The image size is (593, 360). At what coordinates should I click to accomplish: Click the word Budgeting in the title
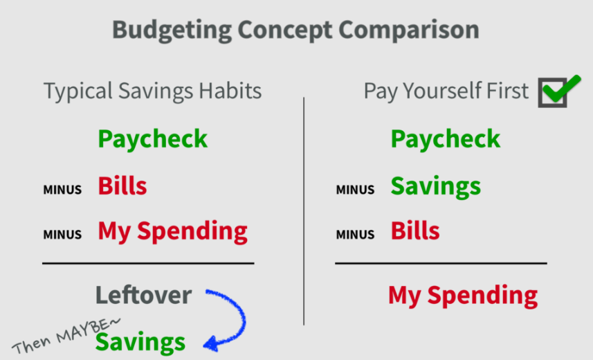coord(172,30)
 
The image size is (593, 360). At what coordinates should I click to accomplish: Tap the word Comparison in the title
coord(409,30)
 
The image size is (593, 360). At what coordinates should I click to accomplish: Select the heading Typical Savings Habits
coord(152,91)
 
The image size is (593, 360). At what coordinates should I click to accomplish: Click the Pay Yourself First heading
coord(446,91)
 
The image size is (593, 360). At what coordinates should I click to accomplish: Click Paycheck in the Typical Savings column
coord(152,139)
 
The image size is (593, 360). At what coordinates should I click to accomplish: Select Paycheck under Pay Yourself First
coord(446,139)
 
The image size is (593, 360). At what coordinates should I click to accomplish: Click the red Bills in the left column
coord(122,186)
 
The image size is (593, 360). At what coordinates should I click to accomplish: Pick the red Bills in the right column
coord(415,231)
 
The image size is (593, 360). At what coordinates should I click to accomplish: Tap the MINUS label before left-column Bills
coord(62,189)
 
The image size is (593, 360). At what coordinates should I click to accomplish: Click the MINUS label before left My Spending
coord(62,234)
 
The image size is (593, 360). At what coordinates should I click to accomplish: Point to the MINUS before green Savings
coord(355,189)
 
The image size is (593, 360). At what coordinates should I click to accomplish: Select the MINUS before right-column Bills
coord(355,234)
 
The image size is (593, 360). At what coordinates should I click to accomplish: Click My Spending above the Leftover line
coord(172,232)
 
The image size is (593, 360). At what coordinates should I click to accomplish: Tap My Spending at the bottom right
coord(462,296)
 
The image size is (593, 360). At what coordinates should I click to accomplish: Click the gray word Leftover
coord(143,295)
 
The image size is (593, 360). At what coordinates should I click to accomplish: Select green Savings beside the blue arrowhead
coord(140,343)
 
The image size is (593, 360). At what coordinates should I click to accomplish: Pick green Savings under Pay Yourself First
coord(436,187)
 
